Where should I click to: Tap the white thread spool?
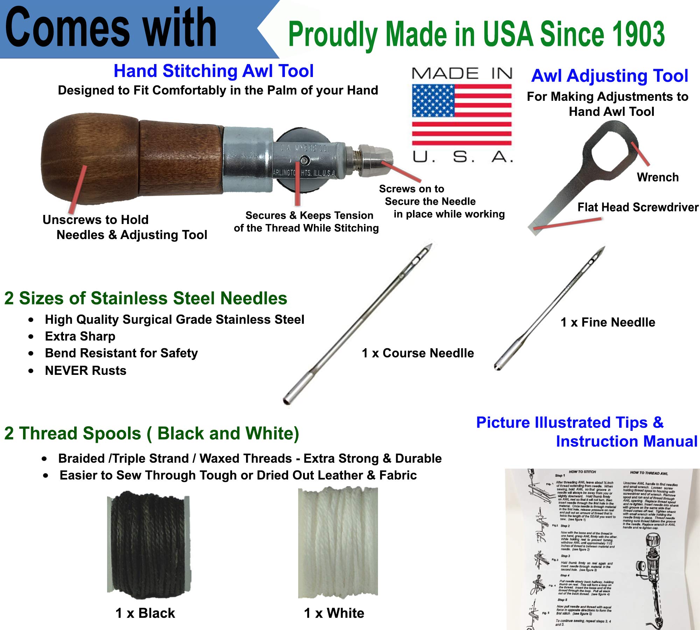coord(338,542)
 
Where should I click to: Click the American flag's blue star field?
coord(433,101)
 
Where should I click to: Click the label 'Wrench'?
coord(658,177)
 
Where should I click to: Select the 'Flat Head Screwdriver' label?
coord(638,207)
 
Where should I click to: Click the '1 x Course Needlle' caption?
coord(418,353)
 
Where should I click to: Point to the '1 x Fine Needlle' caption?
coord(608,322)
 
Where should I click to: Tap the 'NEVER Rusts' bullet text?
coord(86,371)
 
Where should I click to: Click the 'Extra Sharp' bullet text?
coord(80,336)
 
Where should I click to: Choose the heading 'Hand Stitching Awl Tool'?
coord(213,71)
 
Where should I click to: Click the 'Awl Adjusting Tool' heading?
coord(609,76)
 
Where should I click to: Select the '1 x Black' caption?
coord(145,613)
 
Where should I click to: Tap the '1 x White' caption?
coord(334,613)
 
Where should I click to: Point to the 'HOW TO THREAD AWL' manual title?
coord(649,473)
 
